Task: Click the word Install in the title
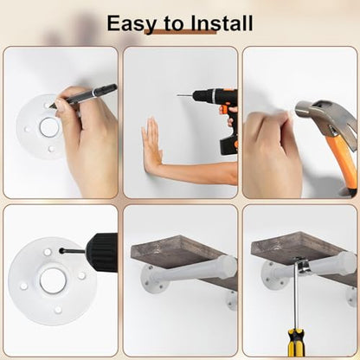tap(222, 22)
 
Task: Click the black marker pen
tap(83, 96)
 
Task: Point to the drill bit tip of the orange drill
tap(178, 95)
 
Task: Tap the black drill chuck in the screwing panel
tap(103, 252)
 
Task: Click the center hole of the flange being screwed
tap(53, 280)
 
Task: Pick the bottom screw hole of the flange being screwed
tap(58, 310)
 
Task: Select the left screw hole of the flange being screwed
tap(23, 286)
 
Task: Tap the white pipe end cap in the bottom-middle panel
tap(228, 265)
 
